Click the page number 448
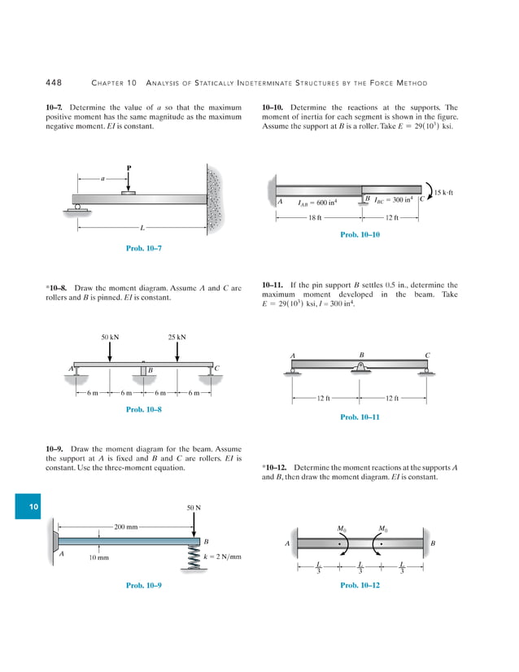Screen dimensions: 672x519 [55, 82]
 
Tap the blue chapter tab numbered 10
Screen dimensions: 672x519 [33, 507]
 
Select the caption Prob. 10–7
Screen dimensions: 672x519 [143, 247]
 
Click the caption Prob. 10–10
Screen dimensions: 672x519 [360, 234]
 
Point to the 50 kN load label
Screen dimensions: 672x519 [111, 336]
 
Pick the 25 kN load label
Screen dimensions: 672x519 [177, 336]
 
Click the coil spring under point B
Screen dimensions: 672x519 [195, 554]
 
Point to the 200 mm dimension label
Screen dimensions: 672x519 [126, 526]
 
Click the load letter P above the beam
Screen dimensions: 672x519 [129, 168]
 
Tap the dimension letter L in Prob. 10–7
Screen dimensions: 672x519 [142, 228]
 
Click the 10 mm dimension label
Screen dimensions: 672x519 [98, 557]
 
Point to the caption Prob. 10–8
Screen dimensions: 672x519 [143, 409]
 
